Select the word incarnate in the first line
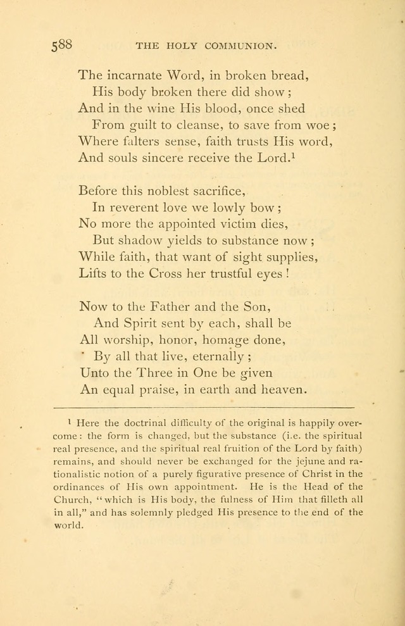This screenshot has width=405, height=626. pyautogui.click(x=134, y=75)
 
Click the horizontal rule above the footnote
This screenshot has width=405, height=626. pyautogui.click(x=204, y=406)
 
